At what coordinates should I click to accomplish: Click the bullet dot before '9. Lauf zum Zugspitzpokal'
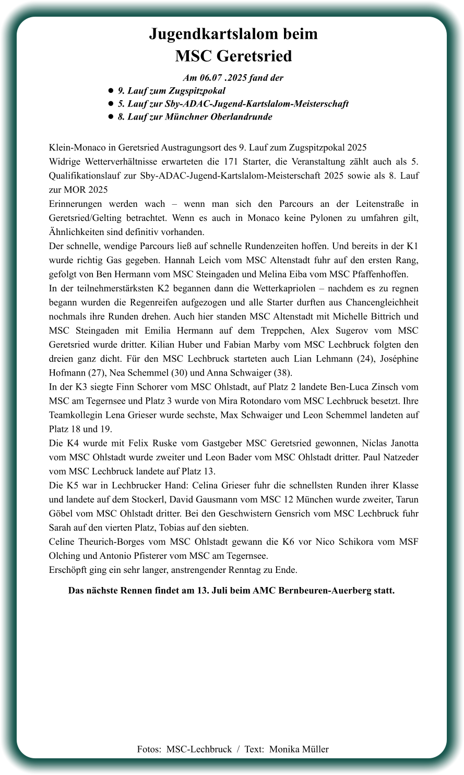coord(111,91)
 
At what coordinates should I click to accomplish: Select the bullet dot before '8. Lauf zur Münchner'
coord(111,117)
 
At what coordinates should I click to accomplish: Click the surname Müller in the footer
coord(315,749)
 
